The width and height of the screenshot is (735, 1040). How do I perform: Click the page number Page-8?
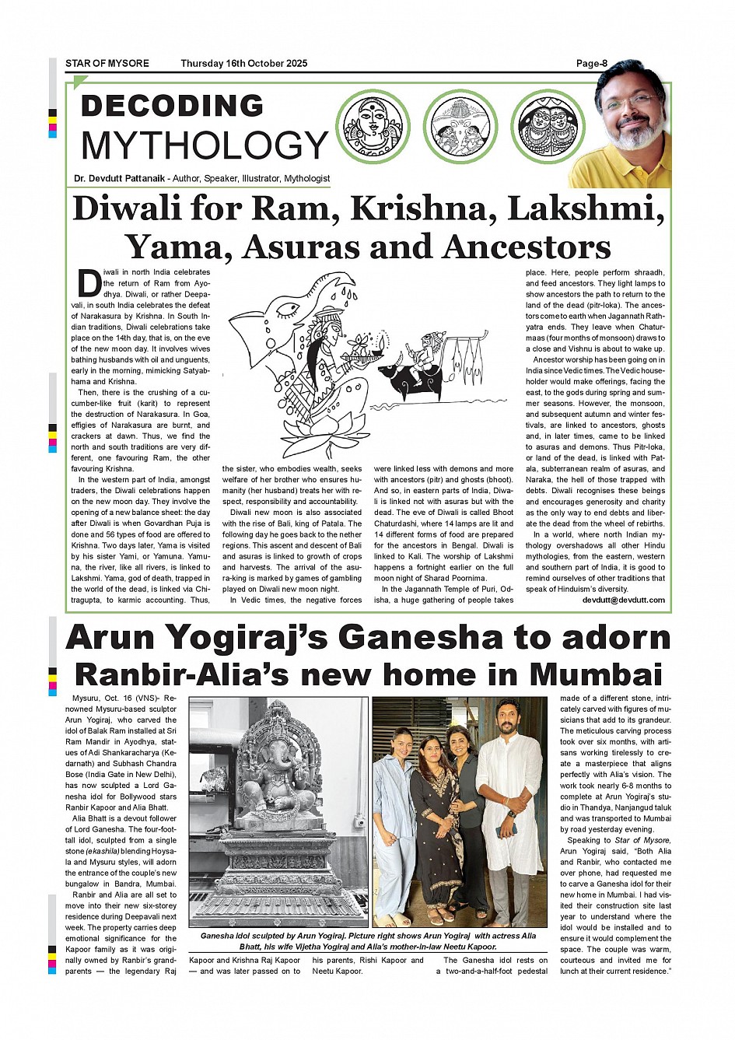[x=591, y=64]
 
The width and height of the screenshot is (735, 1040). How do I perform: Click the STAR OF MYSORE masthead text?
[x=107, y=64]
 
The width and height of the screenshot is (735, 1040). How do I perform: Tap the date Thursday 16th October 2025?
[x=243, y=64]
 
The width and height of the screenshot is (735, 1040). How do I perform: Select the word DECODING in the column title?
[x=172, y=106]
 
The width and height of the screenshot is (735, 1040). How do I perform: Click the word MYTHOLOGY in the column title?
[x=205, y=145]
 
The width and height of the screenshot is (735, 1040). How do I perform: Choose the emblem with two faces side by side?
[x=548, y=126]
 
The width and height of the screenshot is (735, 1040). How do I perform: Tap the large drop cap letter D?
[x=89, y=283]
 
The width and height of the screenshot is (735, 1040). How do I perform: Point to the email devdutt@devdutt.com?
[x=624, y=600]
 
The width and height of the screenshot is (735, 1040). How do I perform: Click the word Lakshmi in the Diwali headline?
[x=595, y=208]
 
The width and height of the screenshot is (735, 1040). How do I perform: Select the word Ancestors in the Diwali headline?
[x=527, y=247]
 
